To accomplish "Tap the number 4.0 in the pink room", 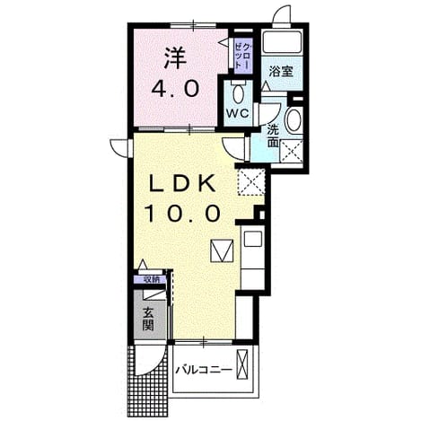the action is (x=175, y=89).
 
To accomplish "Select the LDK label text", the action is (x=182, y=183).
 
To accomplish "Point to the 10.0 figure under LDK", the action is (x=183, y=214).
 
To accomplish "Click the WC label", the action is (x=237, y=113).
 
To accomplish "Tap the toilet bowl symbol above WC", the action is (x=239, y=92).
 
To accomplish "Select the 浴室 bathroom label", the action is (x=281, y=71).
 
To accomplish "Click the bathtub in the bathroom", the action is (x=282, y=41).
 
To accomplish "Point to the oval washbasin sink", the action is (x=294, y=120).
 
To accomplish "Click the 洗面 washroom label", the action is (x=273, y=136).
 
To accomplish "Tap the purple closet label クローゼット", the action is (x=243, y=56).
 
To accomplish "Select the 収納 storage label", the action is (x=150, y=280).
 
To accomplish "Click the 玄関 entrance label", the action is (x=148, y=319).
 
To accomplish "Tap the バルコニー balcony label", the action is (x=204, y=370).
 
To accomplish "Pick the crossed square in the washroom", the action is (x=291, y=151).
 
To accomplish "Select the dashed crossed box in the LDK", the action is (x=251, y=182).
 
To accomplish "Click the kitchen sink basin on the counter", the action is (x=253, y=239).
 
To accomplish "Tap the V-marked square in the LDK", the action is (x=222, y=250).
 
